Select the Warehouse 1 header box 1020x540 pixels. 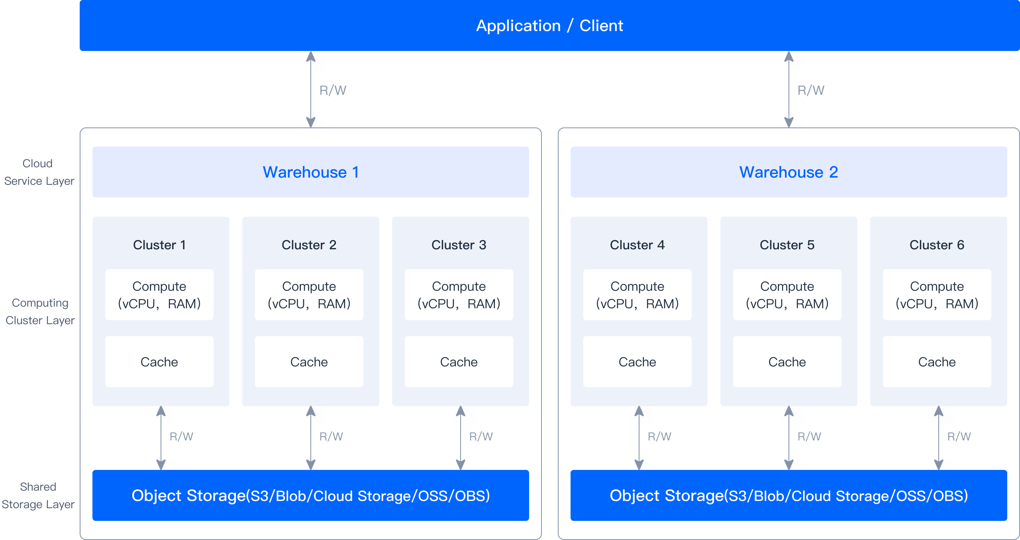pos(310,172)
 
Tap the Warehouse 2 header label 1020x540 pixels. pos(789,172)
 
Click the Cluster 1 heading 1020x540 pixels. pos(159,245)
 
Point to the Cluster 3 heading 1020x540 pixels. pos(459,245)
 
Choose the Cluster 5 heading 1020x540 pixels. pos(787,245)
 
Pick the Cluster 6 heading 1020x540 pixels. pos(937,245)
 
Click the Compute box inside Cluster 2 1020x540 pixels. pos(309,295)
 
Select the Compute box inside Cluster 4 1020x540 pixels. pos(637,295)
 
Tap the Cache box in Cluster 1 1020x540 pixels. pos(159,362)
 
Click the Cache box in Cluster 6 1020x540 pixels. pos(937,362)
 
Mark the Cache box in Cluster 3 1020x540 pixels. pos(459,362)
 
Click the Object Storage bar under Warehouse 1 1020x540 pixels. pos(310,495)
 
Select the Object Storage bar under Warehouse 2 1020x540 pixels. pos(789,495)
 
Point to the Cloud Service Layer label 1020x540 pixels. pos(39,172)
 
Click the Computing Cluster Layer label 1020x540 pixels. pos(40,311)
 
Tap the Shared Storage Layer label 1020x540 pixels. pos(38,495)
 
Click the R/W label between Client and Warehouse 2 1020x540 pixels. pos(811,90)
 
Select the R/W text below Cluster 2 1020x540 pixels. pos(331,436)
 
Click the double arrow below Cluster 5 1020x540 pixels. pos(789,438)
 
